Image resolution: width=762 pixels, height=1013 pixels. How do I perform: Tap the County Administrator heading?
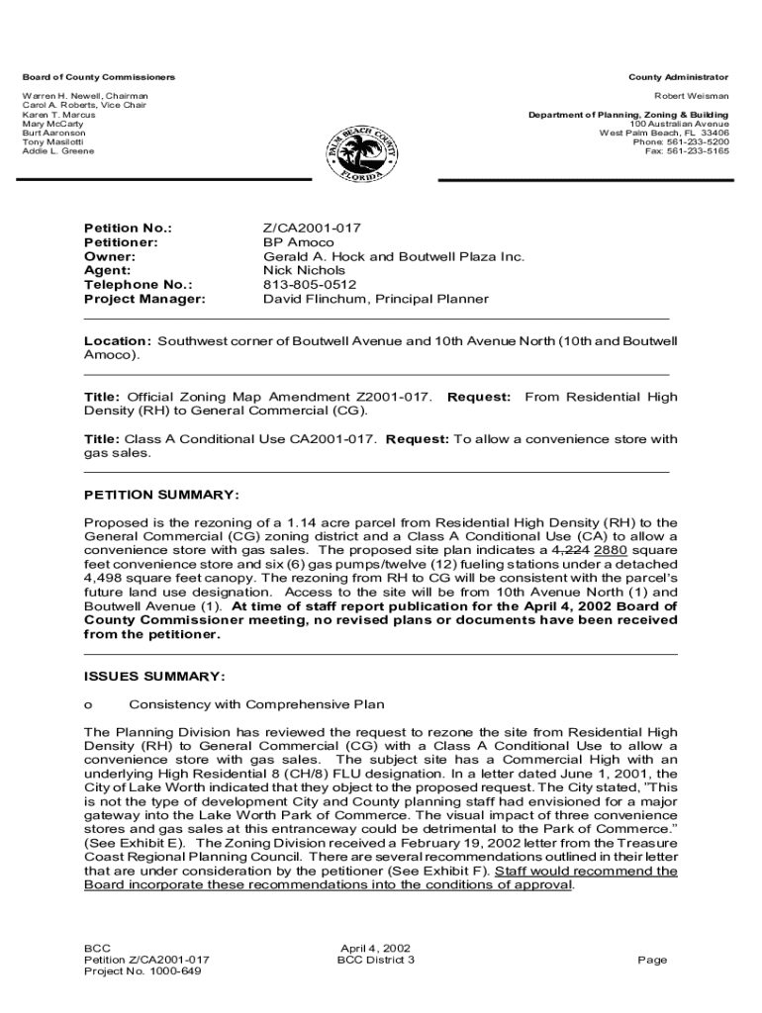(678, 77)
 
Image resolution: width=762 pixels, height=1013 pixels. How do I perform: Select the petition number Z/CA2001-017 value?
(305, 229)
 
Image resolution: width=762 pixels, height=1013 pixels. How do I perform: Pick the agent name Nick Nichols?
(304, 270)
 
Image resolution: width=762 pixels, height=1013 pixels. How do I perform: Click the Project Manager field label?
(144, 299)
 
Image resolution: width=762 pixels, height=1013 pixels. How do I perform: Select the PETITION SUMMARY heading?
(161, 495)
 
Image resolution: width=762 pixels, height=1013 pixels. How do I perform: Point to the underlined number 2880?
(612, 549)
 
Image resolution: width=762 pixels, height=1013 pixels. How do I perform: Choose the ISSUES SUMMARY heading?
(154, 677)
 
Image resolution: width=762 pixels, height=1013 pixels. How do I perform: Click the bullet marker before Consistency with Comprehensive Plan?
(88, 705)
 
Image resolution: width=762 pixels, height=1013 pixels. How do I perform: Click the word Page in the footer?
(653, 960)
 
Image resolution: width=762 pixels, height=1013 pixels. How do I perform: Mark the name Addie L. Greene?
(58, 151)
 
